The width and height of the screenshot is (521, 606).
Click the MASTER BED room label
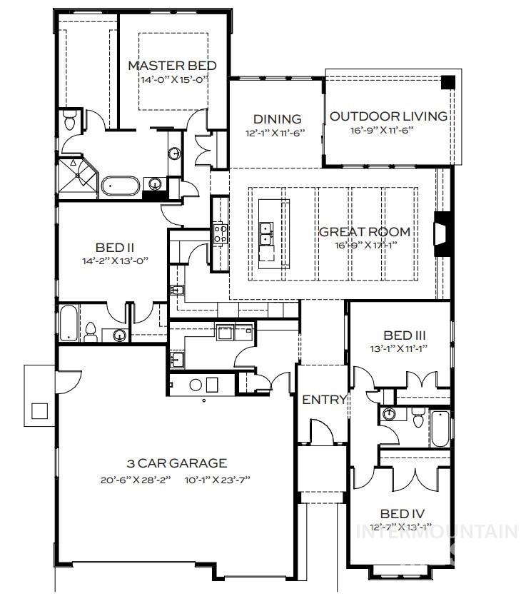pyautogui.click(x=171, y=66)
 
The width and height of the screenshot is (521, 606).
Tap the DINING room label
pyautogui.click(x=278, y=119)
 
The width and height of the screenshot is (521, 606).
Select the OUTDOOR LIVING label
pyautogui.click(x=389, y=116)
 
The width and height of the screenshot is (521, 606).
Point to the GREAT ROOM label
pyautogui.click(x=364, y=231)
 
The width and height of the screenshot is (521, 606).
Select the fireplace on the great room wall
pyautogui.click(x=442, y=234)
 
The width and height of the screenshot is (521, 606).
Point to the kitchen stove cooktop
pyautogui.click(x=220, y=233)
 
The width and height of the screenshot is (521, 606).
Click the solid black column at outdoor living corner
pyautogui.click(x=447, y=81)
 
